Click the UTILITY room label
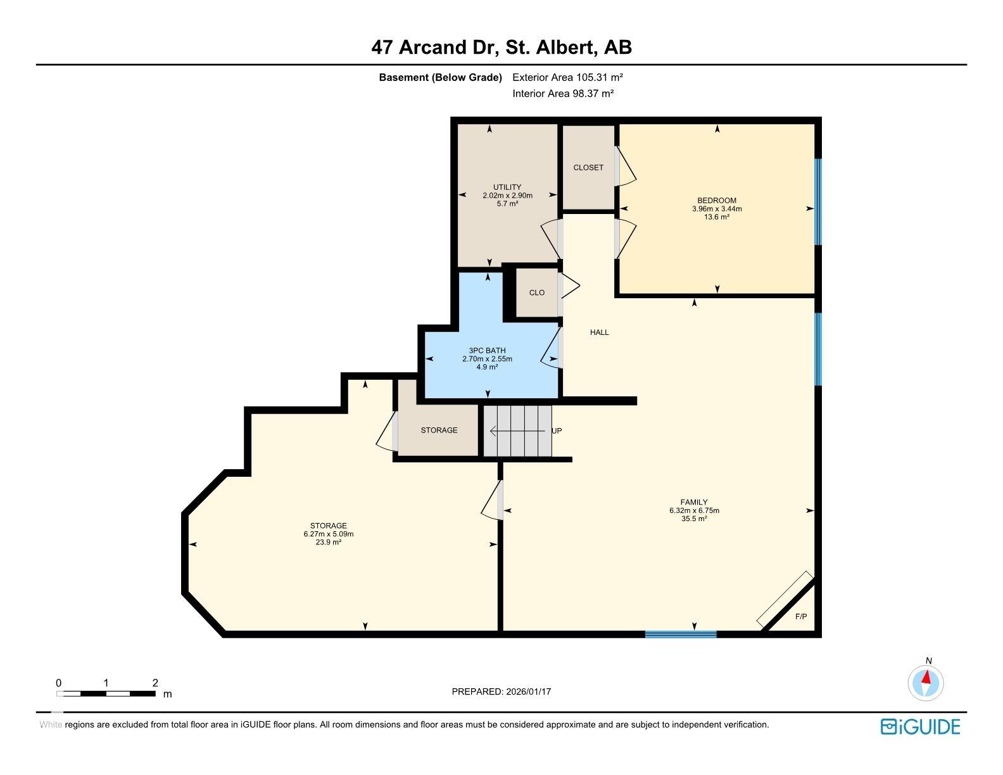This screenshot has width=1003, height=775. tap(507, 187)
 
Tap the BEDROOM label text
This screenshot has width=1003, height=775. tap(716, 200)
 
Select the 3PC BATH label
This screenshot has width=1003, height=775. tap(487, 350)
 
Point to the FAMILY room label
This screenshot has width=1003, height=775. tap(694, 502)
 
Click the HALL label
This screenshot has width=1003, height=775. tap(599, 332)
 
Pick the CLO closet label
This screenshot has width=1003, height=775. tap(537, 293)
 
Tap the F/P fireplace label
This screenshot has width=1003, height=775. tap(801, 617)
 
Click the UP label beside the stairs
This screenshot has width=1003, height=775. tap(557, 431)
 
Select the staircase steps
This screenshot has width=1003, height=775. tap(517, 431)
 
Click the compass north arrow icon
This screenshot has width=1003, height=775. tap(926, 683)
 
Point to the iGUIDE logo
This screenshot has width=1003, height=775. tap(920, 727)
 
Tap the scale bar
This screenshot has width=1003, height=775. tap(106, 693)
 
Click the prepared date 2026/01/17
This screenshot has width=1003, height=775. tap(529, 691)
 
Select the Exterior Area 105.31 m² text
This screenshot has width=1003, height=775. tap(567, 77)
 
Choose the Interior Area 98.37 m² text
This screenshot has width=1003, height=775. tap(563, 93)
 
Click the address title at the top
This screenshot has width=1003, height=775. tap(501, 47)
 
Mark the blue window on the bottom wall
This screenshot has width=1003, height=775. tap(680, 634)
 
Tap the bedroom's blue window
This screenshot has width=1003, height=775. tap(818, 202)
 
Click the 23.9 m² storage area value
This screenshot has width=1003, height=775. tap(328, 543)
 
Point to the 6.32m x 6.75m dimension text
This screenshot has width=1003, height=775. tap(694, 510)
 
